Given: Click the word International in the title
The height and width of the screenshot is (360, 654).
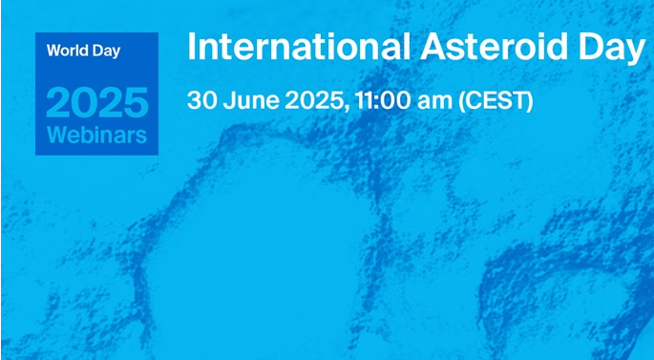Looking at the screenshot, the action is (x=299, y=46).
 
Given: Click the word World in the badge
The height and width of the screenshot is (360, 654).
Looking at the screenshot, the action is (x=62, y=51).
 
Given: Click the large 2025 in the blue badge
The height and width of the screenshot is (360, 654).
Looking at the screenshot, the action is (x=96, y=102).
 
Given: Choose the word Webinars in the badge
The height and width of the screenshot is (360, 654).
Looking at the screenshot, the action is (x=96, y=135).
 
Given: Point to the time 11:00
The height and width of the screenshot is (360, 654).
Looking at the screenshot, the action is (x=383, y=100).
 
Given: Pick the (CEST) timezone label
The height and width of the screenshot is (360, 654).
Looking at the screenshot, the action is (x=496, y=101).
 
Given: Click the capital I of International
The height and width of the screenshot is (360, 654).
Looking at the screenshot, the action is (x=192, y=46).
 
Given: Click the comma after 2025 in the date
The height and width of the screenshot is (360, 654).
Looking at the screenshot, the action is (x=347, y=109).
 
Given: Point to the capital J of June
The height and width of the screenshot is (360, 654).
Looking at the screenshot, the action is (x=229, y=100).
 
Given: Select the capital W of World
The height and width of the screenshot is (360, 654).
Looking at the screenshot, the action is (x=53, y=51).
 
